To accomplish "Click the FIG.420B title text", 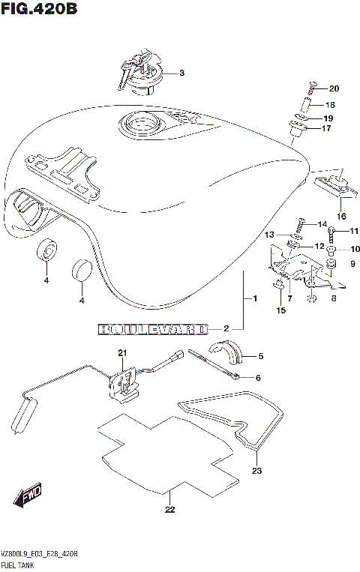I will click(39, 10).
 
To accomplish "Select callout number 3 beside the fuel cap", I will click(181, 73).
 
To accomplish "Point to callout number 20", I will click(334, 88).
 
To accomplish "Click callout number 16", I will click(341, 216).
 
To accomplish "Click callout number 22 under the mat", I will click(169, 511).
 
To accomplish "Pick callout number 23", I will click(256, 472).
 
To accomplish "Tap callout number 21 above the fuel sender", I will click(122, 353).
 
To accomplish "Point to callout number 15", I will click(281, 310).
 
